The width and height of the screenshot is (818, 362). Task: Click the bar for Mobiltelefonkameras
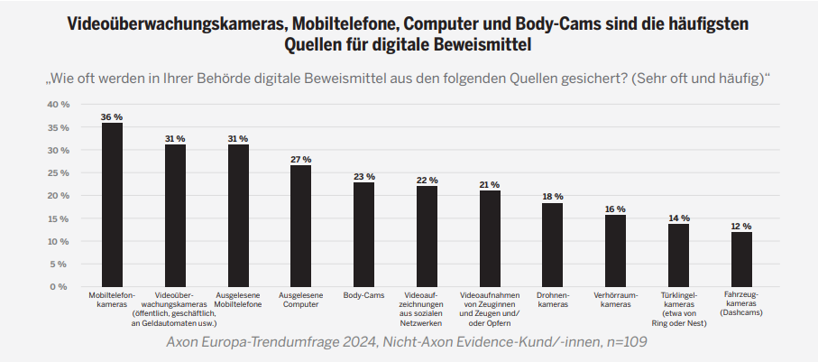[112, 205]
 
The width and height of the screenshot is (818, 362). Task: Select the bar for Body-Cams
[363, 235]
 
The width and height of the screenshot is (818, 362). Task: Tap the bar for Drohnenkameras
[552, 246]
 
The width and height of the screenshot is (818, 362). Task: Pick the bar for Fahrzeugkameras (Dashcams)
[741, 259]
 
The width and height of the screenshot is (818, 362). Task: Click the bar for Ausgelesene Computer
[300, 226]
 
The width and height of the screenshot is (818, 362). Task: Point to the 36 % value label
[112, 117]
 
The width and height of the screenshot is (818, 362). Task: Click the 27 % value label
[300, 159]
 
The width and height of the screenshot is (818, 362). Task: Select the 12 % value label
[741, 227]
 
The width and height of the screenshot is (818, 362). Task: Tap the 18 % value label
[552, 197]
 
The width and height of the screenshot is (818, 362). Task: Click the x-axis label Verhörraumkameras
[615, 300]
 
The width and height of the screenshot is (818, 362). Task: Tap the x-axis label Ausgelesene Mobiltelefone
[238, 300]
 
